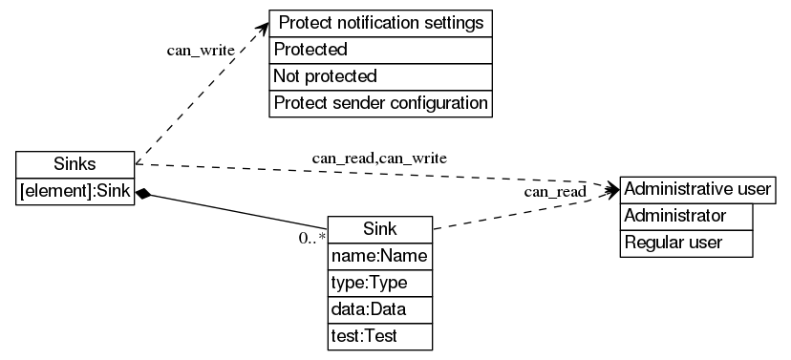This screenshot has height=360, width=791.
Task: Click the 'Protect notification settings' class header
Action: click(x=380, y=23)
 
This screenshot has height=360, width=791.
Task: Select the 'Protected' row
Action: click(x=380, y=50)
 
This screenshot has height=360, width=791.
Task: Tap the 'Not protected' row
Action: click(x=380, y=76)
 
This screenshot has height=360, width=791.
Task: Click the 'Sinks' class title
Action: click(x=75, y=163)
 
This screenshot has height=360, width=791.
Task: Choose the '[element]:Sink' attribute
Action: click(x=75, y=191)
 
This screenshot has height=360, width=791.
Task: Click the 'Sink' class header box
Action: click(x=380, y=229)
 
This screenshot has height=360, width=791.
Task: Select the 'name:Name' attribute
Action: click(x=380, y=257)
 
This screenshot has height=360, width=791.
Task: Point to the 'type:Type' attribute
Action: click(x=380, y=284)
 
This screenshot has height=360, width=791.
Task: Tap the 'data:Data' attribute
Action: click(x=380, y=310)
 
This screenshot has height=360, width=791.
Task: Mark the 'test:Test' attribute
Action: click(x=380, y=337)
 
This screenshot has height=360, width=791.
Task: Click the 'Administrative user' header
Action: click(x=696, y=189)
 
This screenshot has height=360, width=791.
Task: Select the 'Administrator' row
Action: click(x=687, y=216)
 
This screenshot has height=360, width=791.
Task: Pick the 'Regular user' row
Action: click(x=687, y=244)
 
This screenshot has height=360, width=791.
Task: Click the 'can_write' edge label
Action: click(x=201, y=51)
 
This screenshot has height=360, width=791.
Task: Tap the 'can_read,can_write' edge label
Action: click(x=379, y=156)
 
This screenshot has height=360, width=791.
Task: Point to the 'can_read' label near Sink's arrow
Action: click(x=554, y=193)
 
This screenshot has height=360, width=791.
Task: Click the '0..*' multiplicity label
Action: click(x=311, y=238)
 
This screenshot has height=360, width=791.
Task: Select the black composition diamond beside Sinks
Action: click(x=143, y=194)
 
